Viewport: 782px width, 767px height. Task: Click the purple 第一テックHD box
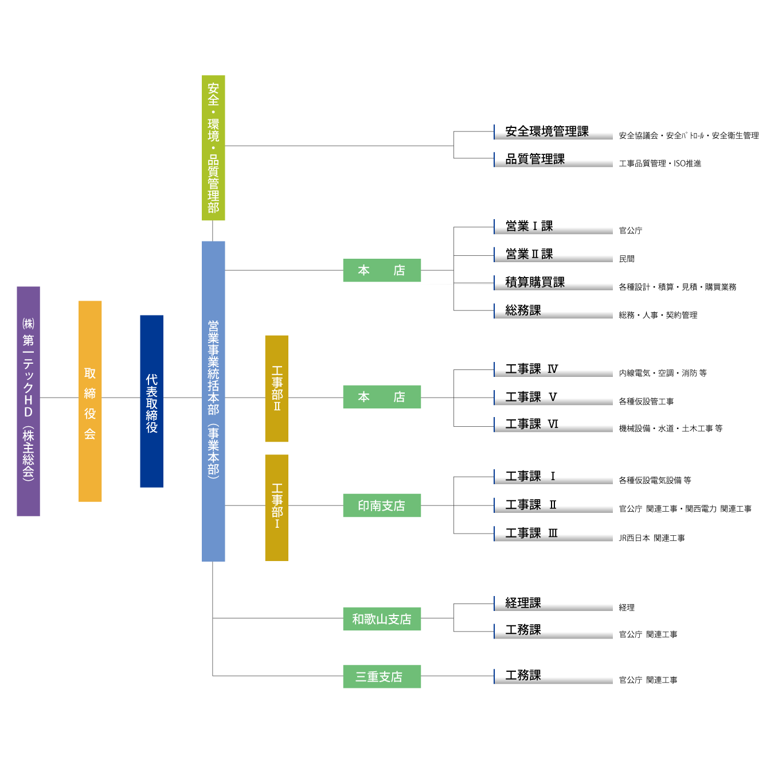(x=28, y=401)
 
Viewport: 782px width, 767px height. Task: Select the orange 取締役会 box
(x=90, y=401)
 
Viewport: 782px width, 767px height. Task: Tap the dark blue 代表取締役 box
(x=151, y=401)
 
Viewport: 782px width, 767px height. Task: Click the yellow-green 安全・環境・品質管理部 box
(x=213, y=147)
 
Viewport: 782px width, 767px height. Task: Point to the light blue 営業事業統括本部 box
(x=213, y=401)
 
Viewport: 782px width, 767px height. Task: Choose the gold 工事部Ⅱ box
(x=276, y=388)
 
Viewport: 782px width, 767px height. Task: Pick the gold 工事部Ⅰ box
(x=276, y=507)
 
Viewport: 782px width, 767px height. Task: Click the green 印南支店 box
(x=382, y=505)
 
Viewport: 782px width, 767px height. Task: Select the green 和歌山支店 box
(x=382, y=619)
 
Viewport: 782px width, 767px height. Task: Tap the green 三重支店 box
(x=382, y=676)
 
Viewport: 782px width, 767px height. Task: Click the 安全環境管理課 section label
(x=547, y=131)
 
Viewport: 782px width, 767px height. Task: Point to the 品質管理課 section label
(x=535, y=159)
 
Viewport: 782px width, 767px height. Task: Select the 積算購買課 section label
(x=535, y=282)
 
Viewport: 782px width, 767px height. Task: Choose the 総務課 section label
(x=523, y=310)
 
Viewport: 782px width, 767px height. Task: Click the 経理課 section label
(x=523, y=603)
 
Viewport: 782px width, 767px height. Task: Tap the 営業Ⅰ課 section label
(x=529, y=226)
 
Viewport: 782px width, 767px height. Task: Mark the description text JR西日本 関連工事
(x=652, y=538)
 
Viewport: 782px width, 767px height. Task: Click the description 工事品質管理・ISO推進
(x=660, y=163)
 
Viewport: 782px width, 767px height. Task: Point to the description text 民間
(x=627, y=259)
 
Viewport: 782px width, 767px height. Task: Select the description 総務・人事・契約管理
(x=658, y=315)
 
